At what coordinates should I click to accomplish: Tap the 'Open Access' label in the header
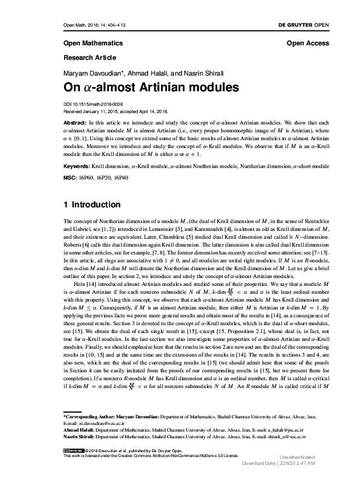coord(309,44)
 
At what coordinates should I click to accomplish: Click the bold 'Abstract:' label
coord(75,121)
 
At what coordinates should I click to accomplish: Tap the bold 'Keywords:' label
coord(77,165)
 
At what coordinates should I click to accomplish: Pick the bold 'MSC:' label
coord(70,178)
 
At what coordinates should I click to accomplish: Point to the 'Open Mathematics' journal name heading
coord(93,44)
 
